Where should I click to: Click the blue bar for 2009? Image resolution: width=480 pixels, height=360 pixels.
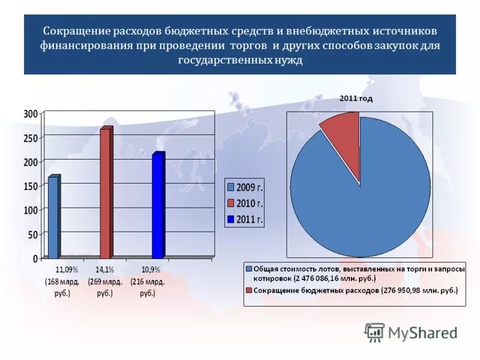[x=53, y=217]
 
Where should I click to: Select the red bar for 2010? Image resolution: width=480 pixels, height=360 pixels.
[x=106, y=193]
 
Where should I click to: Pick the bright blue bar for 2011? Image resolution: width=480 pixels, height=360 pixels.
[x=158, y=205]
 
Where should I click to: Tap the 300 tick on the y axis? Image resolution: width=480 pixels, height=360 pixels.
[x=31, y=113]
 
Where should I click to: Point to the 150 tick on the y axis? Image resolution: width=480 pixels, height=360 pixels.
[x=31, y=186]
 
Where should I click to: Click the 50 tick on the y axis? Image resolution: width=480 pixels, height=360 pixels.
[x=32, y=235]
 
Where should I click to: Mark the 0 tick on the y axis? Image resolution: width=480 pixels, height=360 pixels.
[x=35, y=259]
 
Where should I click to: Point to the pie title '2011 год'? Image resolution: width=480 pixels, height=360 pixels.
[x=356, y=98]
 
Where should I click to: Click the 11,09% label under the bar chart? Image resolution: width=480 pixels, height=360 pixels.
[x=67, y=269]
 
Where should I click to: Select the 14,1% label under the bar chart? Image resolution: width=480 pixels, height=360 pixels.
[x=105, y=269]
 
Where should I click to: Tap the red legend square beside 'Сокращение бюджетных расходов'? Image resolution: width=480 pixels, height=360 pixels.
[x=249, y=290]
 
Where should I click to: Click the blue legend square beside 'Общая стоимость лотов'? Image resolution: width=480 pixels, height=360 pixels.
[x=249, y=269]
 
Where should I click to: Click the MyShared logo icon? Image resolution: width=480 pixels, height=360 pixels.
[x=374, y=332]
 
